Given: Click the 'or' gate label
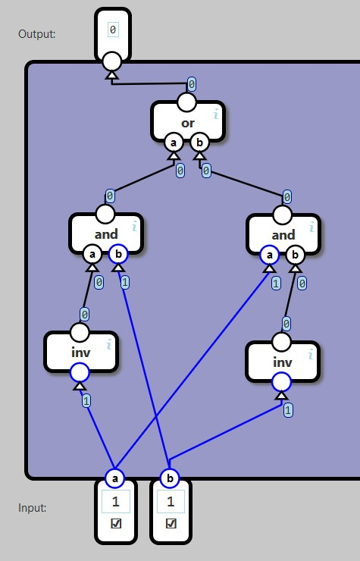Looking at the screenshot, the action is [188, 124].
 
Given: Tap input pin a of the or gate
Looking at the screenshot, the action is [174, 143].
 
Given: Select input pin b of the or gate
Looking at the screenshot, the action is [199, 143].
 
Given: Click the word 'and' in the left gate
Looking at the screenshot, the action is [106, 234].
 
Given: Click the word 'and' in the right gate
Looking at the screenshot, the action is [283, 235].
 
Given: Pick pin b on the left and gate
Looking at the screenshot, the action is [118, 255].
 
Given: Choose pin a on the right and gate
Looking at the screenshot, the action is [270, 255].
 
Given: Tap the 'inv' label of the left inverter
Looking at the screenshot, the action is [81, 353].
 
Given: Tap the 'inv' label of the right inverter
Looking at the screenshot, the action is [283, 362].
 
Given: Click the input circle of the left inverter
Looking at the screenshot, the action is [80, 372].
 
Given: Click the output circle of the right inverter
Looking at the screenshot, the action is [282, 342].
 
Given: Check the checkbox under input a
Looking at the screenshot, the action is [116, 523].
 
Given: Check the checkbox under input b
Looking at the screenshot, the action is [171, 523].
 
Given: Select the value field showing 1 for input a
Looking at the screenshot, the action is [116, 502].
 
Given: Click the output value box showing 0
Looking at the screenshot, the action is [113, 30].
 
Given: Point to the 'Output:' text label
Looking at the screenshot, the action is [37, 34].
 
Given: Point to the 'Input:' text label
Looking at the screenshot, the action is [32, 508].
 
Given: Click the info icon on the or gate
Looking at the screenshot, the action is [216, 114].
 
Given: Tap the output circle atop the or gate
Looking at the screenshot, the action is [186, 102].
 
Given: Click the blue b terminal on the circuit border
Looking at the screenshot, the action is [170, 478].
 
